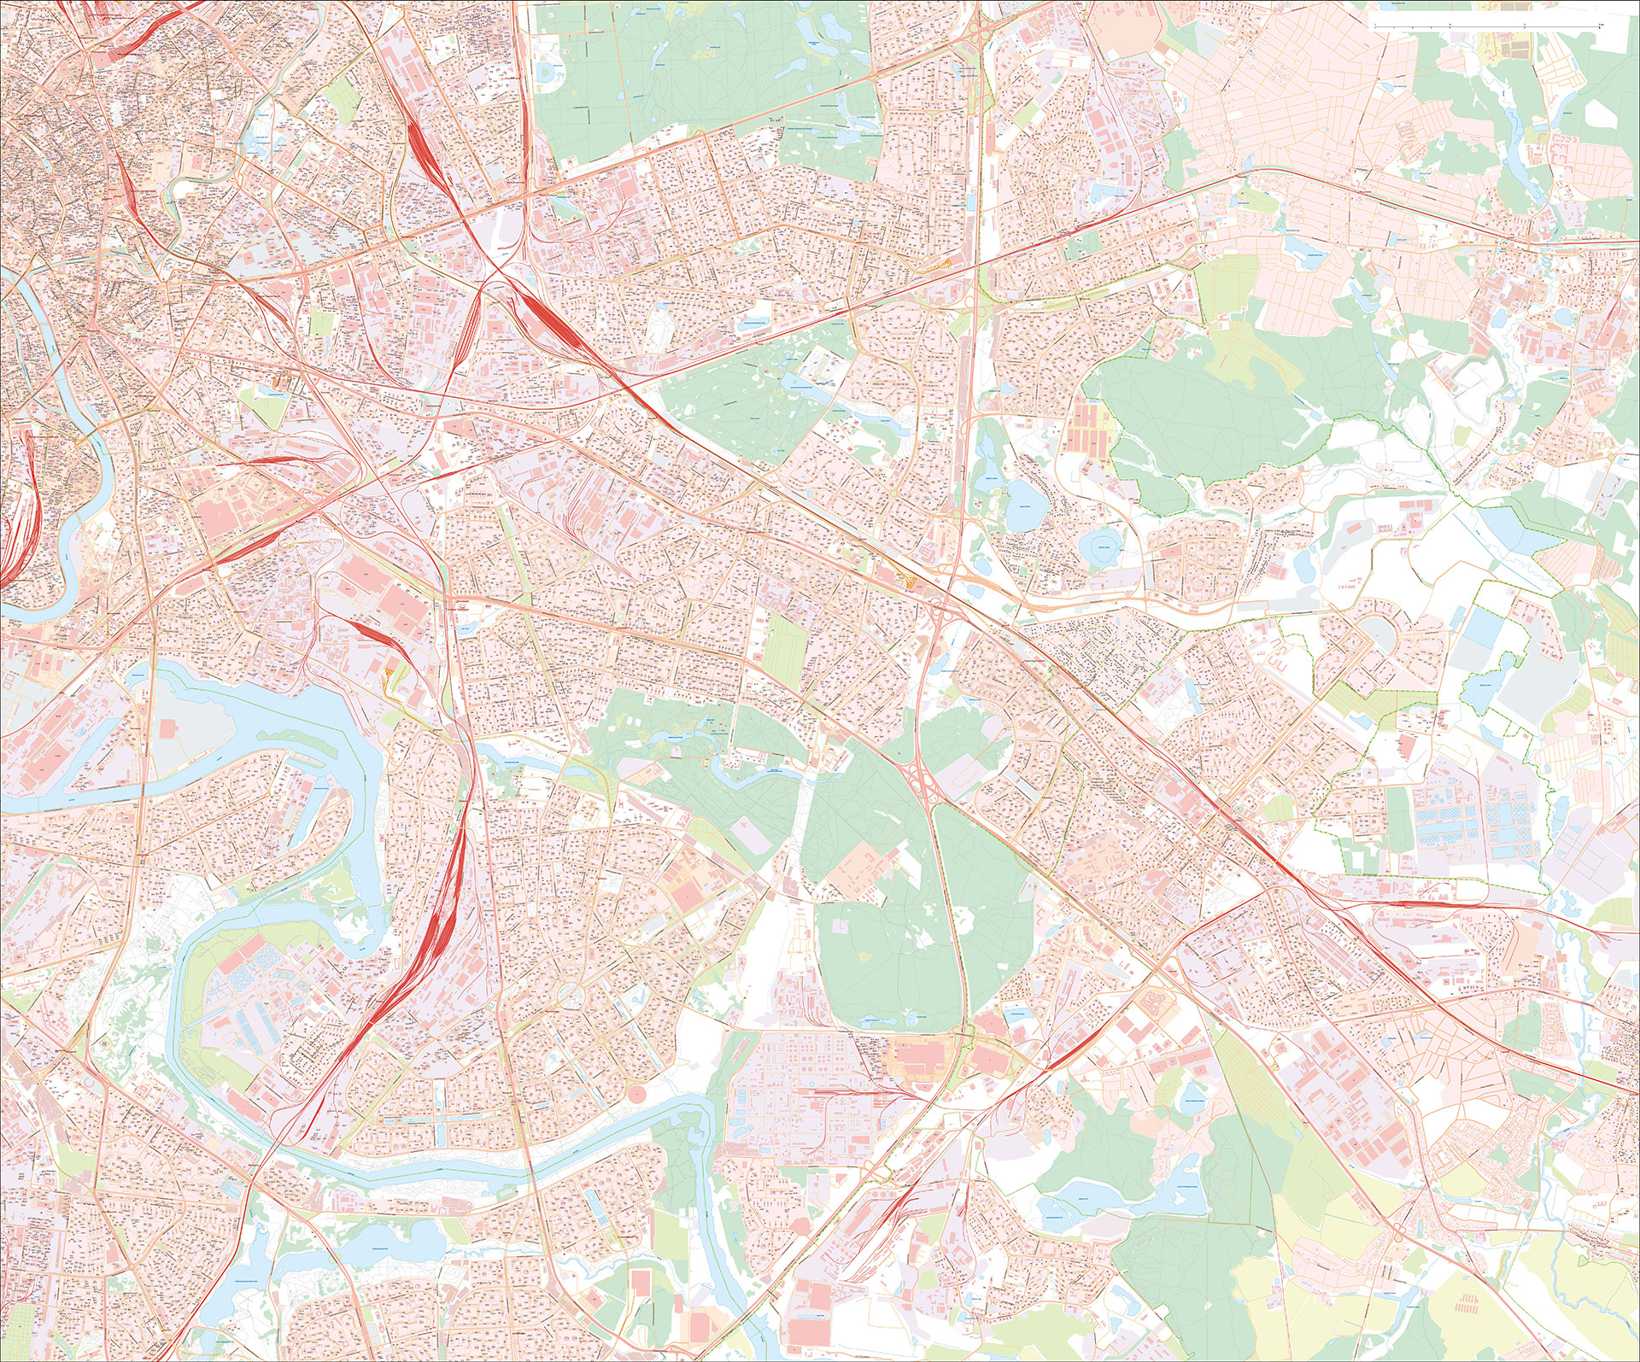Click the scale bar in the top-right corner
pos(1486,27)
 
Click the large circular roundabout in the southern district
pos(571,993)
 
